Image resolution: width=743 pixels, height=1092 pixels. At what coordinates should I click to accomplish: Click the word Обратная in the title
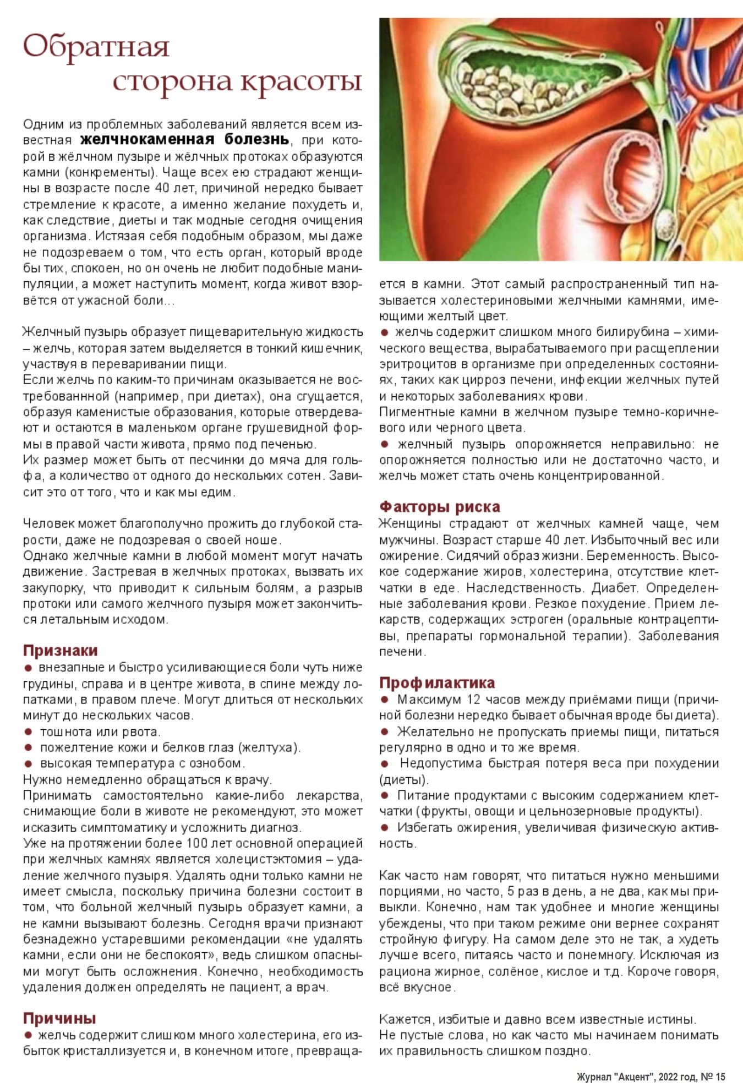click(96, 46)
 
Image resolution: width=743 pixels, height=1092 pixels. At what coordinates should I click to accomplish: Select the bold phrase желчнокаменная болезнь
click(184, 139)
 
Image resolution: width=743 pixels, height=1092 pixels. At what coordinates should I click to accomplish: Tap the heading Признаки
click(60, 651)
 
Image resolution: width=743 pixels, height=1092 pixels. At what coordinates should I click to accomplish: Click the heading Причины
click(59, 1018)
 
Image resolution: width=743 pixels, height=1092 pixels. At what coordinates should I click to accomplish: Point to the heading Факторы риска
click(440, 506)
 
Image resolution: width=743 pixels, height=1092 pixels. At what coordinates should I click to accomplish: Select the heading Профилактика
click(437, 682)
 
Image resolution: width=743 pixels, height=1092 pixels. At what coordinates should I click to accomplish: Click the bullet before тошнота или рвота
click(28, 731)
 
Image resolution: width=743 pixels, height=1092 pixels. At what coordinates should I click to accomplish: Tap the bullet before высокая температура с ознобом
click(28, 763)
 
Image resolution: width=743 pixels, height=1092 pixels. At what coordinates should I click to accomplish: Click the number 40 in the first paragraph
click(162, 188)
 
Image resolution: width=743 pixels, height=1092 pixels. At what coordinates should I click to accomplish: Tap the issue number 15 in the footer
click(720, 1077)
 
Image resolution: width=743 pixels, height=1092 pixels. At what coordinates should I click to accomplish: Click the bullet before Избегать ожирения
click(385, 827)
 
